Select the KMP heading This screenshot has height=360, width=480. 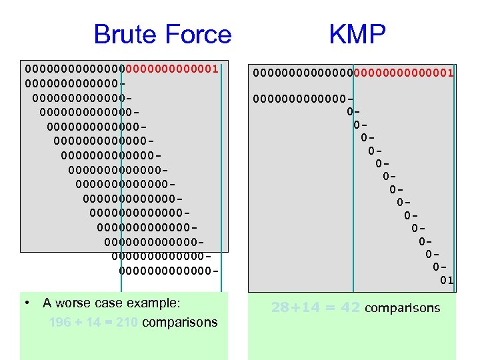click(357, 35)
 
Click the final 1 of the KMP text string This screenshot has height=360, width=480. click(450, 72)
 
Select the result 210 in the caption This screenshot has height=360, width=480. click(126, 323)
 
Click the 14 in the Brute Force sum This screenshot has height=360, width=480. click(93, 323)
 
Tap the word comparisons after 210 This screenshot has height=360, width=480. click(180, 323)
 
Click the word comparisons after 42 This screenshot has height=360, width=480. click(403, 307)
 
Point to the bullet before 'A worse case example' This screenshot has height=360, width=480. click(26, 303)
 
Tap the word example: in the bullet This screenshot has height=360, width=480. click(154, 303)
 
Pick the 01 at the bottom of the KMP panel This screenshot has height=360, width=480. click(447, 280)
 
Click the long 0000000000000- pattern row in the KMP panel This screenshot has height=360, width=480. click(303, 99)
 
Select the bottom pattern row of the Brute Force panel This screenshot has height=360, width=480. click(169, 270)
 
